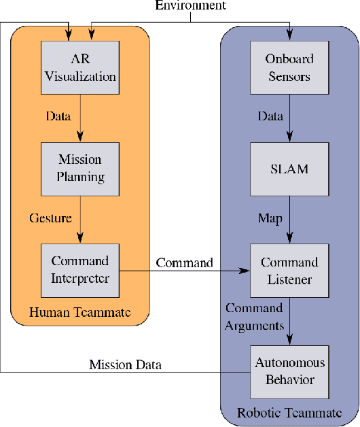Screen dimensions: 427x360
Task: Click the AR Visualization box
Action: pos(80,67)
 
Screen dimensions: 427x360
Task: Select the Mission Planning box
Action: pos(80,168)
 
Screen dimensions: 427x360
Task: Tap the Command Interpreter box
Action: pos(80,269)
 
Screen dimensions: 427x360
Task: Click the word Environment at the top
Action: pos(190,6)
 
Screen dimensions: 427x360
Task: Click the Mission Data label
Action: pos(126,365)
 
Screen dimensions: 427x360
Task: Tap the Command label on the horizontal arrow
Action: pos(184,262)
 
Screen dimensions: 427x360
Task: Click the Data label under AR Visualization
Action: pos(58,116)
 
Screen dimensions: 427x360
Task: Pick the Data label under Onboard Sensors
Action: pos(270,116)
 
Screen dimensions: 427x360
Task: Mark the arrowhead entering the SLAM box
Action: pos(291,138)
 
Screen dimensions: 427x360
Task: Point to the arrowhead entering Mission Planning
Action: pos(80,138)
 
